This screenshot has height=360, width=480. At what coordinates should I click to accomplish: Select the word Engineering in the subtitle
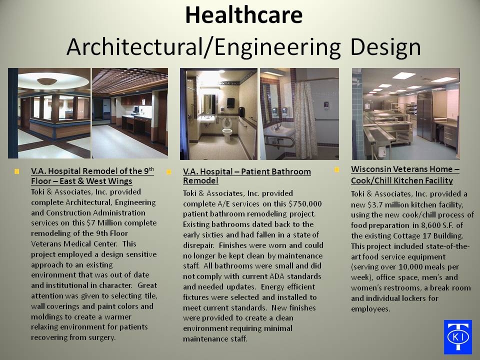tap(277, 47)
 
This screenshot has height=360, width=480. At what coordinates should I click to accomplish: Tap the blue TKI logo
tap(458, 337)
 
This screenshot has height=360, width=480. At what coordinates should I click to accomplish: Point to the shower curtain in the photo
tap(305, 119)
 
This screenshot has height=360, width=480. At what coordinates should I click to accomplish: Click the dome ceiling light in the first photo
tap(47, 81)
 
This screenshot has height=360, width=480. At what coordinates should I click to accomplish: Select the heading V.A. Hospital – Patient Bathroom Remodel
tap(246, 176)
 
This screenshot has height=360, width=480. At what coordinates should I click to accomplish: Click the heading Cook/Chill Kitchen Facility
tap(402, 180)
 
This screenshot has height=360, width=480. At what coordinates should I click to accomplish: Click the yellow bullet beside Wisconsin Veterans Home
tap(336, 169)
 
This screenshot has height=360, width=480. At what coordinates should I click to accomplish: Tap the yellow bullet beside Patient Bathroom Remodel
tap(168, 171)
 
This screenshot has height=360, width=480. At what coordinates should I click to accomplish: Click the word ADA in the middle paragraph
tap(276, 276)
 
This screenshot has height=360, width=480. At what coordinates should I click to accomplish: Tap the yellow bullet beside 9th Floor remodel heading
tap(17, 171)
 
